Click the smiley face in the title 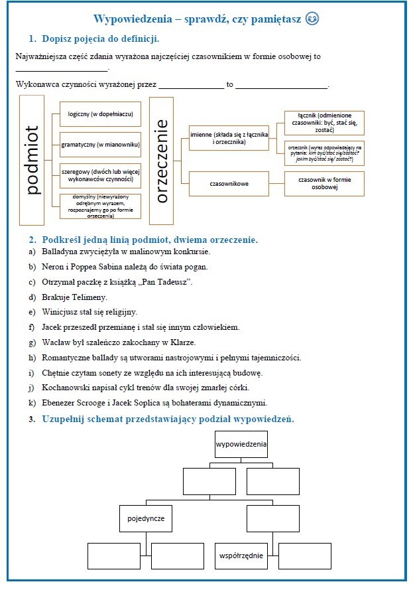pos(312,19)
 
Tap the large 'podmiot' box pos(32,159)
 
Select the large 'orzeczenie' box pos(162,159)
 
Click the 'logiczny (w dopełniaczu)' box pos(100,114)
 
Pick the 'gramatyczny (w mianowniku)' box pos(100,144)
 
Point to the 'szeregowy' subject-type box pos(100,175)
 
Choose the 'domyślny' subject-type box pos(100,206)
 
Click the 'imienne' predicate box pos(229,138)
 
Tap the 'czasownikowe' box pos(229,184)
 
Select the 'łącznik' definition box pos(324,123)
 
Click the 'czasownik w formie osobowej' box pos(324,184)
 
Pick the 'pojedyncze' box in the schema pos(145,518)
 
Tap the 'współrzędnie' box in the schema pos(241,556)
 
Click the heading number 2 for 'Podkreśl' pos(32,239)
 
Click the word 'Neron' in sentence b pos(53,267)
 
